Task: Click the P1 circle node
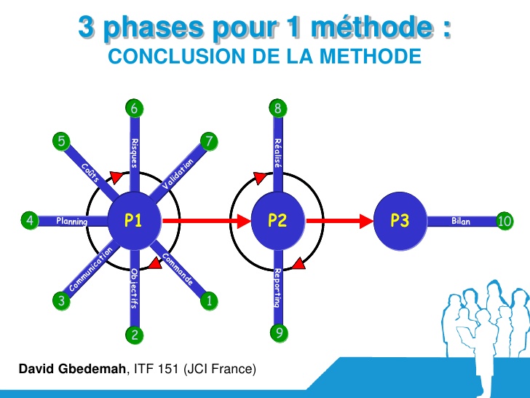click(132, 220)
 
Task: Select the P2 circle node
click(277, 220)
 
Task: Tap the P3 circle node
click(400, 220)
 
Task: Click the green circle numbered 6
click(134, 109)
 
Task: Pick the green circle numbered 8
click(277, 109)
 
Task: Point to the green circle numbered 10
click(505, 220)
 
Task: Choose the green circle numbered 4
click(29, 220)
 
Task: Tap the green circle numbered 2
click(134, 335)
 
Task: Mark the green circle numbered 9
click(277, 333)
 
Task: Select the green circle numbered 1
click(209, 300)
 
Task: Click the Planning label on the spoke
click(72, 221)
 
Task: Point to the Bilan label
click(460, 220)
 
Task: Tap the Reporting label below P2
click(277, 288)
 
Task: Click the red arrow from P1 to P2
click(206, 220)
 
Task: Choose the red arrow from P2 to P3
click(339, 220)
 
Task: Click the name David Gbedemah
click(73, 370)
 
